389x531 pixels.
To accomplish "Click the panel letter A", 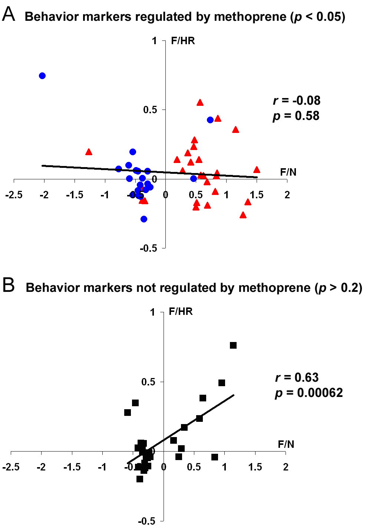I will (9, 14).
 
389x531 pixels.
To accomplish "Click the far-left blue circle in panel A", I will (42, 76).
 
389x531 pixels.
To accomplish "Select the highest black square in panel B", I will (233, 345).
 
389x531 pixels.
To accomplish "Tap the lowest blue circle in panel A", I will (144, 219).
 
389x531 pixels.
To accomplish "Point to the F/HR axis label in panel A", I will (183, 41).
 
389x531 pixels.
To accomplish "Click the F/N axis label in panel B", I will (286, 444).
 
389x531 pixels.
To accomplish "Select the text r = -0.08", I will (296, 100).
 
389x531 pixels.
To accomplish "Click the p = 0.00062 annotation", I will (309, 392).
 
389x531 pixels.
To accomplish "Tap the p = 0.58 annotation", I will (296, 116).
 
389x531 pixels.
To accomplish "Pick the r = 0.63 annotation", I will (297, 377).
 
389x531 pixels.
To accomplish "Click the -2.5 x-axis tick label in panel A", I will (14, 195).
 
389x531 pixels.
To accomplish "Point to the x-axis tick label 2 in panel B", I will (286, 467).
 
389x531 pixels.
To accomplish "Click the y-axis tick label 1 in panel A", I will (155, 41).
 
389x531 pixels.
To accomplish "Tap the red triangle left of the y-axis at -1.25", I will (89, 152).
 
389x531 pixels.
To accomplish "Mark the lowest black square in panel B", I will (140, 479).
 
